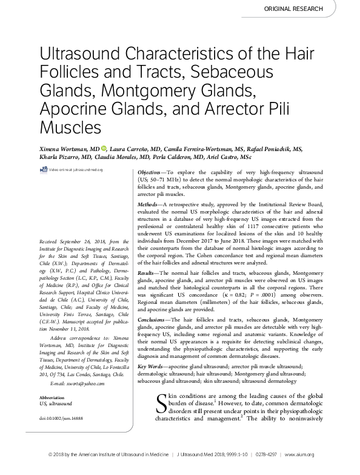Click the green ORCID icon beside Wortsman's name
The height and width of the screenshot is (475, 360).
coord(104,147)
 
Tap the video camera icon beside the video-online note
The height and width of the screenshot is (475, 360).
coord(45,170)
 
